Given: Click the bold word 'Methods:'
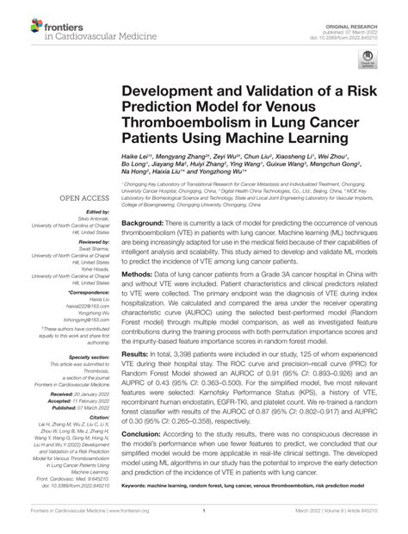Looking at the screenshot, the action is tap(139, 272).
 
